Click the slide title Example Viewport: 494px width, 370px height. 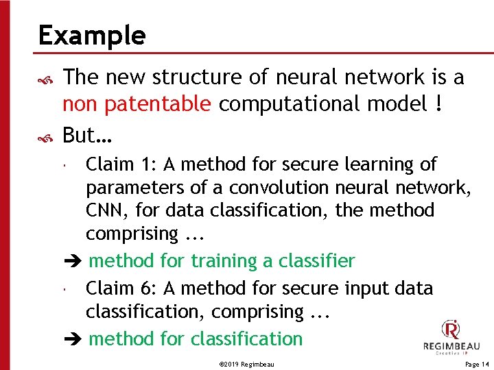(x=92, y=35)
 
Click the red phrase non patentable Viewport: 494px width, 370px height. (x=137, y=104)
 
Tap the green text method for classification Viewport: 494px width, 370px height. (x=196, y=338)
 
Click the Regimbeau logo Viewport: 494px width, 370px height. (x=451, y=337)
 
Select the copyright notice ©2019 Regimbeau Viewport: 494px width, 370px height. (x=246, y=365)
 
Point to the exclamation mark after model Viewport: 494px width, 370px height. (x=437, y=104)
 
